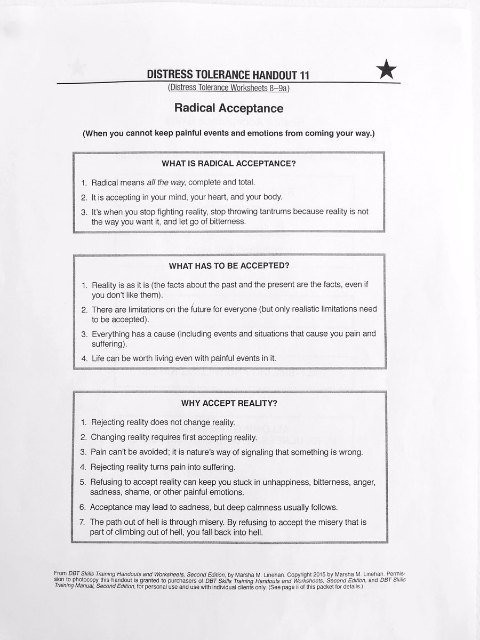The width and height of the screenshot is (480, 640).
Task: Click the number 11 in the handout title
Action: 302,76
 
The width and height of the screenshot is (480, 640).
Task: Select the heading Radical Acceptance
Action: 228,108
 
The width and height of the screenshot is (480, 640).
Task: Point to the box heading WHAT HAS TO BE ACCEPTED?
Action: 229,265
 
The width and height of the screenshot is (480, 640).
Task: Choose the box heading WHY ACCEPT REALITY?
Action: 229,403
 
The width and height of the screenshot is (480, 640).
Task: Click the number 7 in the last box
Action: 83,522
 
